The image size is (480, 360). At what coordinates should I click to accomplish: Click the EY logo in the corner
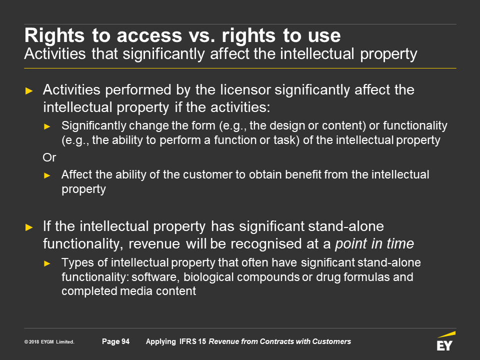coord(446,341)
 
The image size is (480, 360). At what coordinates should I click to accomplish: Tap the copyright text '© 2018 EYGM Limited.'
coord(49,342)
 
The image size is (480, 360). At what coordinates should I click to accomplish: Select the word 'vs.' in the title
coord(201,35)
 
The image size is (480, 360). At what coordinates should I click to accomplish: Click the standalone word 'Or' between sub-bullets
coord(49,157)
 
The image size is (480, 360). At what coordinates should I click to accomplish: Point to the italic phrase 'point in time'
coord(374,244)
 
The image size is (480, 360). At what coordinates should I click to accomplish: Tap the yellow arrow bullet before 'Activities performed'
coord(29,91)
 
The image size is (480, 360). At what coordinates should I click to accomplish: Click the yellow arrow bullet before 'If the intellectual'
coord(29,227)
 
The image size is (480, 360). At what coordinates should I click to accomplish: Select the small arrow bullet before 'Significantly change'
coord(47,126)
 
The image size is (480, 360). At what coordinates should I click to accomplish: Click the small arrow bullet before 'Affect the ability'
coord(47,175)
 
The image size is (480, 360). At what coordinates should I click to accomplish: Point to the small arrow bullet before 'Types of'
coord(47,263)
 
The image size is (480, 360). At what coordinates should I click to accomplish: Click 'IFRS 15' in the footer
coord(192,341)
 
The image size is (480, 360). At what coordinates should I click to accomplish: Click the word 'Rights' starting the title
coord(54,35)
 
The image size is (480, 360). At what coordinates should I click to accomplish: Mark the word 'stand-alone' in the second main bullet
coord(346,226)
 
